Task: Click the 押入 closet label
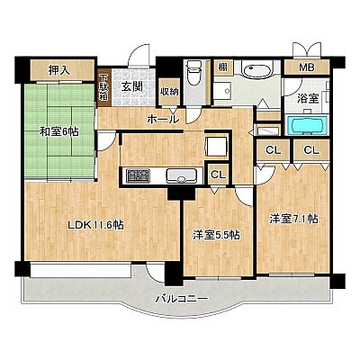tap(59, 70)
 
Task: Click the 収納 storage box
tap(169, 92)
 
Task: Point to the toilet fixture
tap(193, 72)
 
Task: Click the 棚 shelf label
tap(222, 67)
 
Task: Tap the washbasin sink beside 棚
tap(257, 70)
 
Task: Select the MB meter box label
tap(306, 67)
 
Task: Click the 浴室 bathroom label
tap(308, 99)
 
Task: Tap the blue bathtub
tap(307, 126)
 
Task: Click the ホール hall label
tap(163, 120)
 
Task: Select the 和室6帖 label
tap(59, 131)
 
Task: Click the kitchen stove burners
tap(139, 175)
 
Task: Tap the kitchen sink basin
tap(182, 175)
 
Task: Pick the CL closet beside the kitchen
tap(218, 174)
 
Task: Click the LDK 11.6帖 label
tap(95, 225)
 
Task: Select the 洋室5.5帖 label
tap(216, 236)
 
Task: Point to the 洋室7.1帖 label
tap(293, 219)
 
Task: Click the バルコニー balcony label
tap(182, 299)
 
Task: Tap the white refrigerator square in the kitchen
tap(217, 147)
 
